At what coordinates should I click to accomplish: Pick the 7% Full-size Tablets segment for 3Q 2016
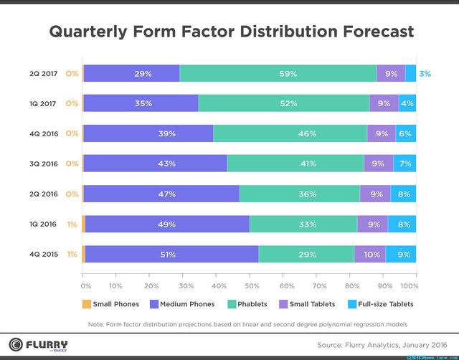[404, 164]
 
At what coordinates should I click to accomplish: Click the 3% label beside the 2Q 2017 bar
[425, 73]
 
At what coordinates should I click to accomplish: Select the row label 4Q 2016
[43, 133]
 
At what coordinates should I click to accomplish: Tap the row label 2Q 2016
[43, 194]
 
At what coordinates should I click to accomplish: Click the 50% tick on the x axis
[249, 285]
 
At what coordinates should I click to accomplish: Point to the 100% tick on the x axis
[410, 285]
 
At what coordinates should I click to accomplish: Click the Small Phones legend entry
[111, 304]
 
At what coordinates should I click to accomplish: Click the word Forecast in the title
[364, 32]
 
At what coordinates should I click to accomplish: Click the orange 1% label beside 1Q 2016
[72, 224]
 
